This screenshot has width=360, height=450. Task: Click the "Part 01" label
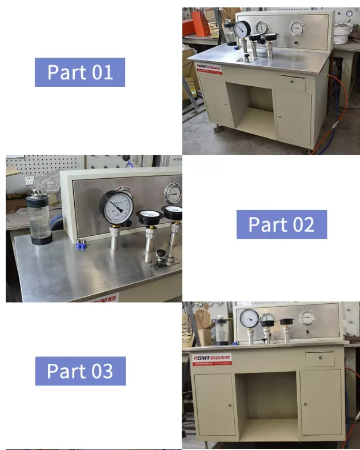[80, 73]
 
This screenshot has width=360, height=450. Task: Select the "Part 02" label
[281, 224]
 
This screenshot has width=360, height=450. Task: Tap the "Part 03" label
[80, 371]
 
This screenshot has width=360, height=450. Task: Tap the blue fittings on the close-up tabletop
[81, 246]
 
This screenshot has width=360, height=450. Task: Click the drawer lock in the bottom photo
[320, 359]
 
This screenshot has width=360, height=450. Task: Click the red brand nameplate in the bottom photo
[212, 359]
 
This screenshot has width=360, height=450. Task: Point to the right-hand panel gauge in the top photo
[297, 28]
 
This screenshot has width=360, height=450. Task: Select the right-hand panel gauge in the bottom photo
[307, 318]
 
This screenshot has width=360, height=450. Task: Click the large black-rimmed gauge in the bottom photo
[249, 318]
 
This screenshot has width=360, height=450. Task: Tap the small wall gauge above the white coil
[349, 13]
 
